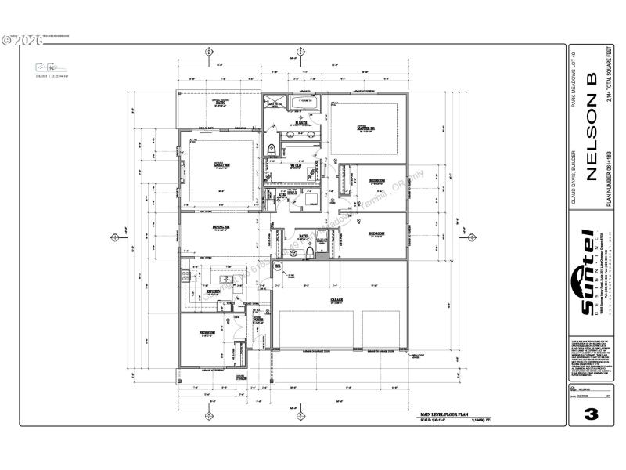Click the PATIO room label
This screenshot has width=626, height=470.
(x=221, y=102)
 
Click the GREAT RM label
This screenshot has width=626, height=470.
(x=221, y=164)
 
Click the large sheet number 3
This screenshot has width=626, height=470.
(x=591, y=413)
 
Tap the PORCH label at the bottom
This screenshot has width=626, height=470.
(x=242, y=377)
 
